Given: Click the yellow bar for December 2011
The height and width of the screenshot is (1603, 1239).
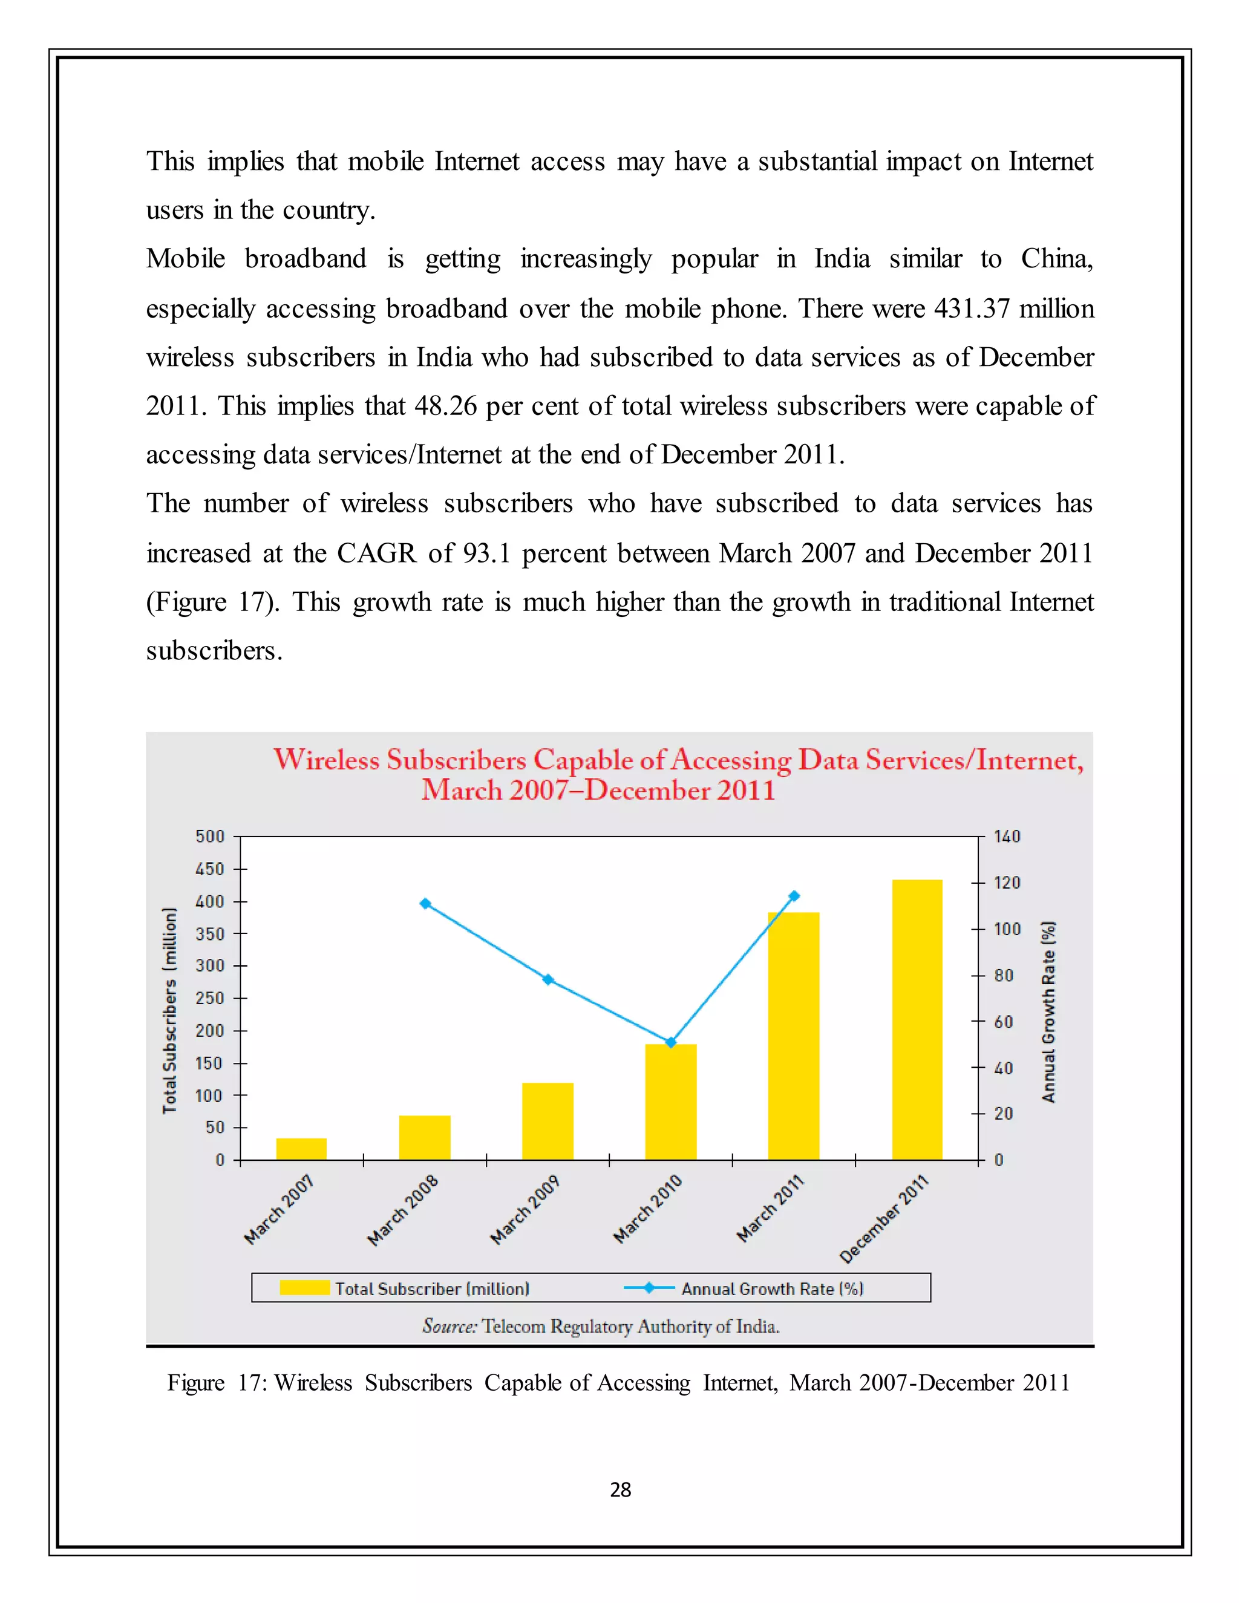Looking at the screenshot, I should [x=917, y=1020].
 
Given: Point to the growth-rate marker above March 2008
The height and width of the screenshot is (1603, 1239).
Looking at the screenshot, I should [x=425, y=904].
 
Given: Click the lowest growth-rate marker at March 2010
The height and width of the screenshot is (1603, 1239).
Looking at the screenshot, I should [x=670, y=1042].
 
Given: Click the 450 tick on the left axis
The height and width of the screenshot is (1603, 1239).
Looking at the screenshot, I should [x=210, y=869].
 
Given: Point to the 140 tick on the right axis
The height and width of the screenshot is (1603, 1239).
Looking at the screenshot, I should [x=1006, y=837].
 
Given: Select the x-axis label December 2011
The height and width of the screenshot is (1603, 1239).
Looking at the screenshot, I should [x=884, y=1219].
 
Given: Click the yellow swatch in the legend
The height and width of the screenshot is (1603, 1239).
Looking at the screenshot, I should [x=304, y=1287].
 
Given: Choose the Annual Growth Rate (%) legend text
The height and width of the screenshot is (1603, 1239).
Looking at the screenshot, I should [x=772, y=1289].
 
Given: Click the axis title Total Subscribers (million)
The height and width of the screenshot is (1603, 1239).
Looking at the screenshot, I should [x=169, y=1011].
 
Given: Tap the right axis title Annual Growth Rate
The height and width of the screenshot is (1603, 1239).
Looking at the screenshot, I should [x=1048, y=1011].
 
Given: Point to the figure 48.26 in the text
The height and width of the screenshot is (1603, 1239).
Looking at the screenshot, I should [x=445, y=406].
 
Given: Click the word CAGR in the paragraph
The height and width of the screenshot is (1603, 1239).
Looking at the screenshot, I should [x=376, y=553].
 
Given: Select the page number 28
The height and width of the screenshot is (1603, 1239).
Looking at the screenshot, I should [x=620, y=1489].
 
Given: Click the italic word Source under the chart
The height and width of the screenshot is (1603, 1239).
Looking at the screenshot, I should [x=450, y=1327].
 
